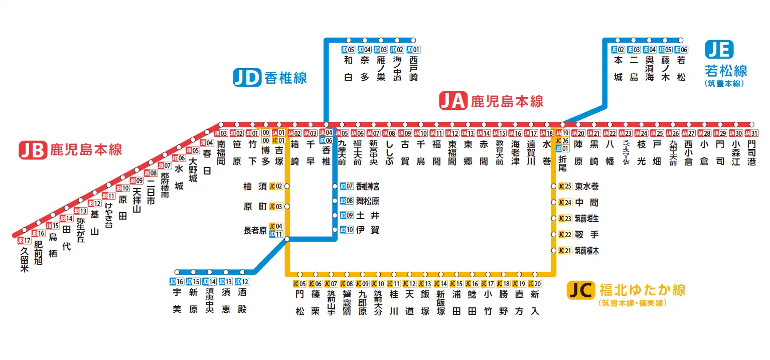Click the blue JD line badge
[x=247, y=78]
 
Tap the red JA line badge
[x=453, y=101]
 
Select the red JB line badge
[x=33, y=150]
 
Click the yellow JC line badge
[x=581, y=290]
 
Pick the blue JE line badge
[x=719, y=50]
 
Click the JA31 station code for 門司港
[x=751, y=133]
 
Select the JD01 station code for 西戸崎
[x=413, y=50]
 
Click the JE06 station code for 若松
[x=681, y=50]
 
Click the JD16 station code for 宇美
[x=177, y=282]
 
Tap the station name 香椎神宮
[x=368, y=187]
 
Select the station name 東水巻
[x=586, y=187]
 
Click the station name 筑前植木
[x=586, y=251]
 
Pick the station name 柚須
[x=254, y=187]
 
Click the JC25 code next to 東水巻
[x=565, y=187]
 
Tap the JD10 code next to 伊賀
[x=347, y=230]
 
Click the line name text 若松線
[x=726, y=70]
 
